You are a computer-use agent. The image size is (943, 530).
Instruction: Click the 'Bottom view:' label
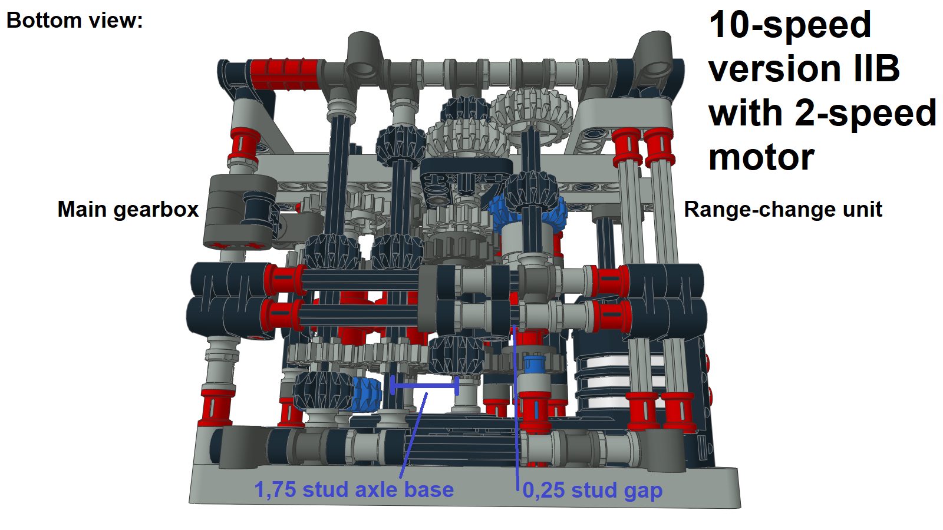74,21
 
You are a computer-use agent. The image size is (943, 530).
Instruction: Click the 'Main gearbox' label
128,210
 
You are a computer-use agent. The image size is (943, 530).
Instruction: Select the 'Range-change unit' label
783,210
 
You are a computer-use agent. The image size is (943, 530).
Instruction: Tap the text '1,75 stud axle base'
354,490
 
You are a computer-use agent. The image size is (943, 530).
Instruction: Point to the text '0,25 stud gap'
592,490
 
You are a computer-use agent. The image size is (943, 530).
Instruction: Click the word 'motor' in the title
761,157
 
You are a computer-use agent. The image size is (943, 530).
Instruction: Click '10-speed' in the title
790,25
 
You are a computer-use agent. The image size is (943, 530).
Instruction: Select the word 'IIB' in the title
877,69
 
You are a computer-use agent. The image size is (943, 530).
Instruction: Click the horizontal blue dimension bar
424,386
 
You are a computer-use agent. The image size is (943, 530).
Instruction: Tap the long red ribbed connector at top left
284,74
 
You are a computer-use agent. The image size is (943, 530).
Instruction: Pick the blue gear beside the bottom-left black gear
367,393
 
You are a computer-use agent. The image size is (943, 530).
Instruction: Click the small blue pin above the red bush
535,364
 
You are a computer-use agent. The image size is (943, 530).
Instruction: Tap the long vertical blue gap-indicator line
516,406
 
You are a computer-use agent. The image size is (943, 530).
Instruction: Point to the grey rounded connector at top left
363,56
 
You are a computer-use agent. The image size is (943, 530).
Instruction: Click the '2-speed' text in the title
865,113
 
